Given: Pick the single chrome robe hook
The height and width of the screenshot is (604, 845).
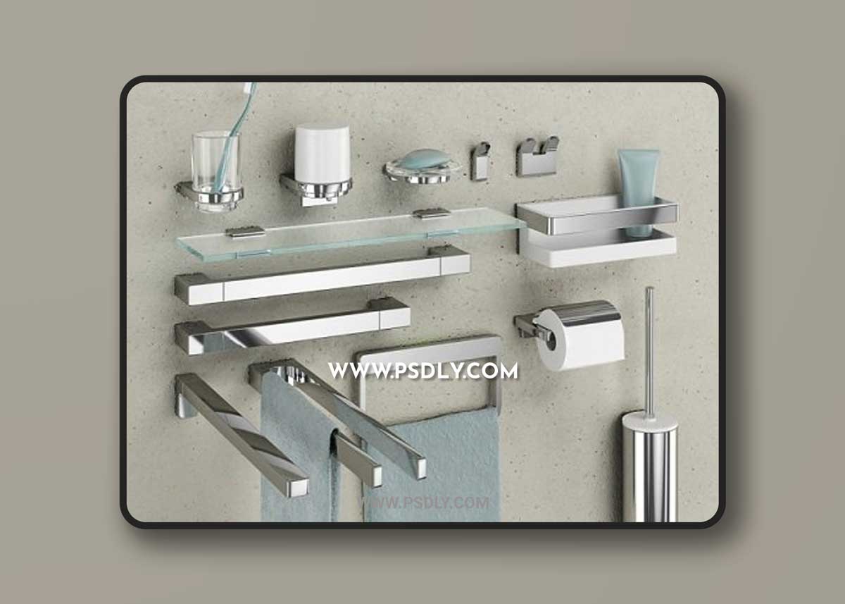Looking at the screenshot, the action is point(480,161).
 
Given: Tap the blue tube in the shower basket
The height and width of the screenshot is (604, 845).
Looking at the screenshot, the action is point(638,189).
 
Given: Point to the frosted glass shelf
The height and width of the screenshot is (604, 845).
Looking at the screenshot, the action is point(350,235).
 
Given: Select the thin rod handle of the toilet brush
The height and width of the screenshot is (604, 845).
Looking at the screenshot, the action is point(649,350).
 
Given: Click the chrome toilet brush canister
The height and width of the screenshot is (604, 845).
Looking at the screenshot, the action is point(649,468).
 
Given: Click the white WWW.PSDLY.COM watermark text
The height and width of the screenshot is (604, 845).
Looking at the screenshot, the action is point(423,371).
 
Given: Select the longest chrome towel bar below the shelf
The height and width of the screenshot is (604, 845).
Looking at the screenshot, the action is point(323,275).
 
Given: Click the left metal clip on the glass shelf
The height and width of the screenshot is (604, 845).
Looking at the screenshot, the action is point(245,232).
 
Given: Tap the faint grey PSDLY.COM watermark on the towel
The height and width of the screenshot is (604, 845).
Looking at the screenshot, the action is point(425,503).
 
